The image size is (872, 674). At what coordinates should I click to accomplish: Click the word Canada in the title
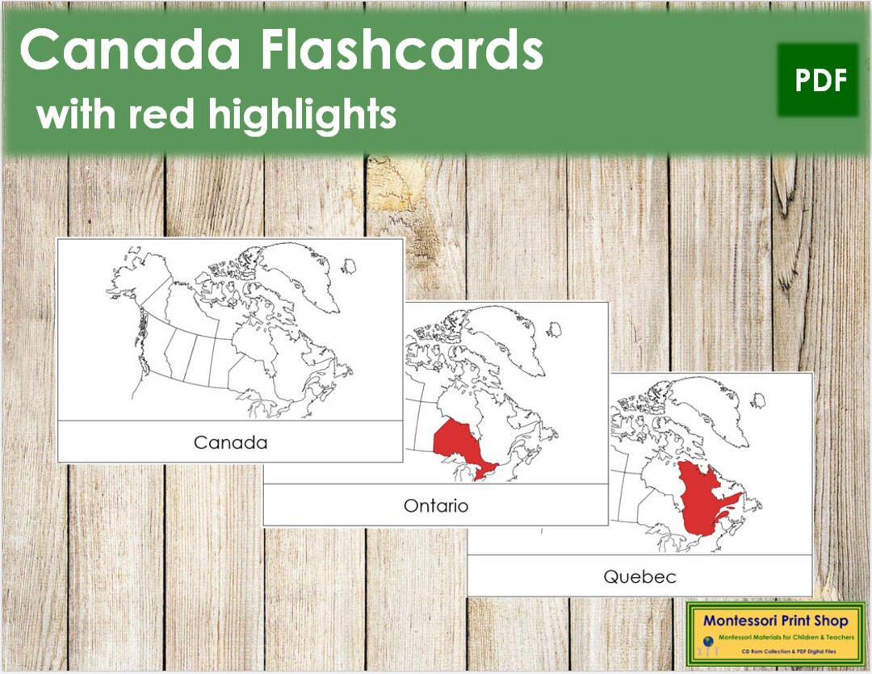131,51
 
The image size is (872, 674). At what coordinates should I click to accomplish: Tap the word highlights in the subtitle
302,115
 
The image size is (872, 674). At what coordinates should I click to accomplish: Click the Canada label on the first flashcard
230,442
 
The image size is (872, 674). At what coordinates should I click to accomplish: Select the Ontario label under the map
436,506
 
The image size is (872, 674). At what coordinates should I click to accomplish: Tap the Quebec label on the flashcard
639,576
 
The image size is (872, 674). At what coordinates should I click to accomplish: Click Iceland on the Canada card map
349,266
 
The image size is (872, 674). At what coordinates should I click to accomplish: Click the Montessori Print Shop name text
775,621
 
